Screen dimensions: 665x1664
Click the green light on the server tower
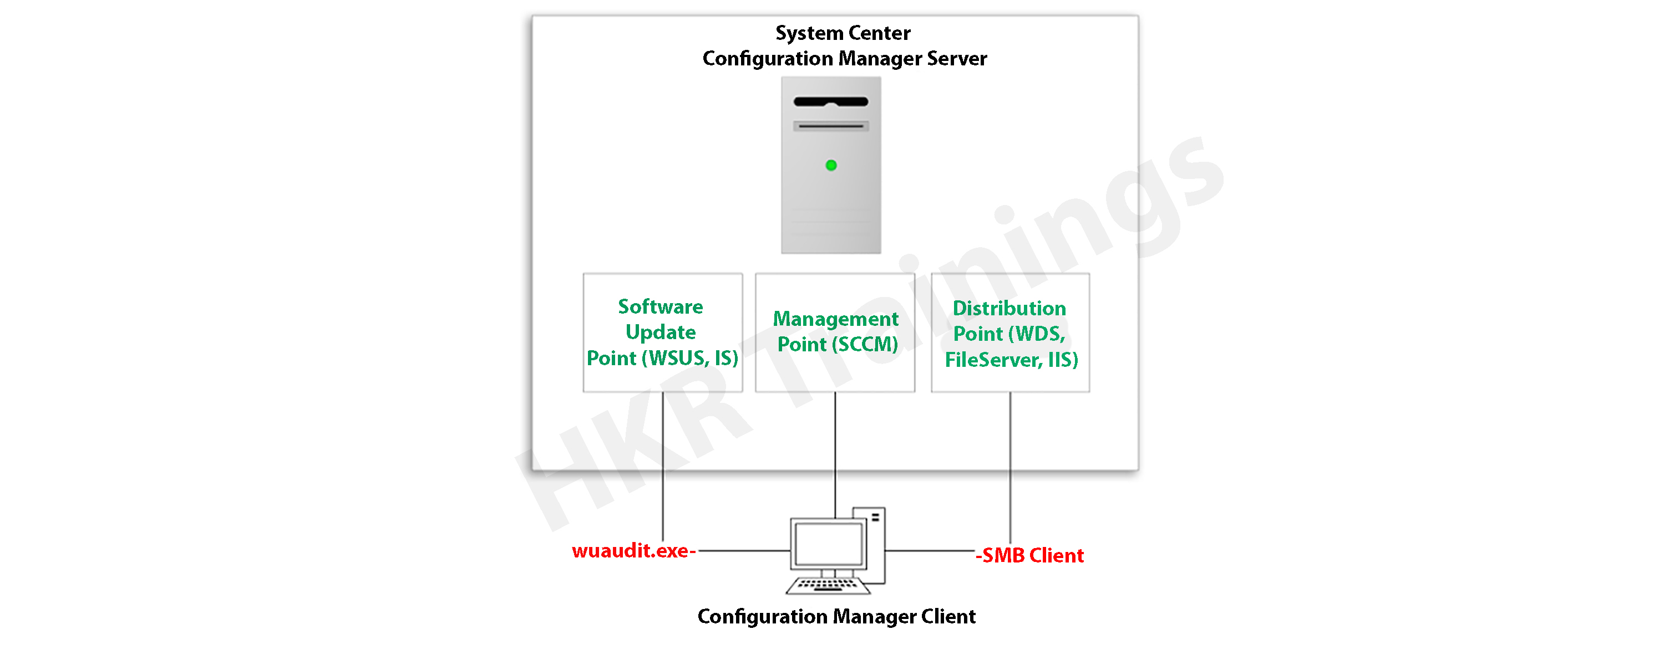(831, 165)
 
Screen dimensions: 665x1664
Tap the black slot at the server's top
(831, 101)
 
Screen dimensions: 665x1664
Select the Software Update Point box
(662, 332)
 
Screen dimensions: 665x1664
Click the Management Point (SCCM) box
(835, 332)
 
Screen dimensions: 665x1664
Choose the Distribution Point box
(1010, 332)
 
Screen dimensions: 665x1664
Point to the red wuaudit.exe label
(632, 551)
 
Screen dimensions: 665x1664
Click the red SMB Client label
(1031, 555)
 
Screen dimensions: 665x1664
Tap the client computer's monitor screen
(828, 544)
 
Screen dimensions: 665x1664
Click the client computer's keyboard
(828, 586)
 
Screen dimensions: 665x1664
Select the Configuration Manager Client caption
(836, 617)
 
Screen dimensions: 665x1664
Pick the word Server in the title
(957, 59)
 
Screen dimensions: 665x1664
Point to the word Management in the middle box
(835, 319)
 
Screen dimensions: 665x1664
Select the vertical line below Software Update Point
(663, 465)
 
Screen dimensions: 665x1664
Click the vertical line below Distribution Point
(1010, 465)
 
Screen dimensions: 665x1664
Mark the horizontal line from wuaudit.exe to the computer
(743, 551)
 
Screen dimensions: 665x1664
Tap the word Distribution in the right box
(1009, 309)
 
